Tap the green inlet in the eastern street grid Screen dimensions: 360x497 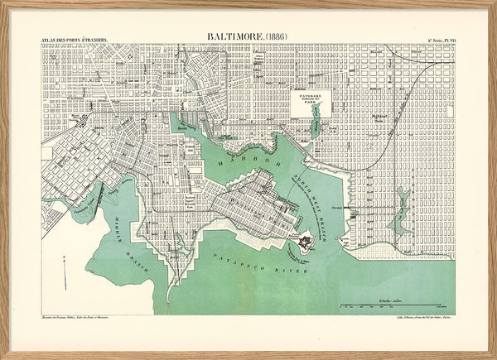pos(403,203)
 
